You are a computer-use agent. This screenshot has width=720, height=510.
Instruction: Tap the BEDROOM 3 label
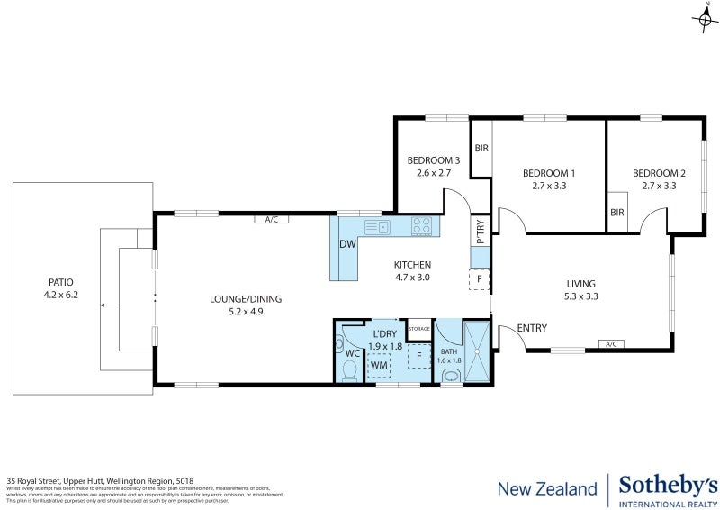pyautogui.click(x=432, y=160)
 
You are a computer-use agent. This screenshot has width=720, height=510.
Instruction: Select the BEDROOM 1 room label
pyautogui.click(x=550, y=173)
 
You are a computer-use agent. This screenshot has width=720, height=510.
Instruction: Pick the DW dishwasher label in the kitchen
pyautogui.click(x=346, y=244)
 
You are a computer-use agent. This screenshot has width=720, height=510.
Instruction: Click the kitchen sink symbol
pyautogui.click(x=381, y=226)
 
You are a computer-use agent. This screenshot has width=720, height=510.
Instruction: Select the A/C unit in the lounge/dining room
pyautogui.click(x=271, y=219)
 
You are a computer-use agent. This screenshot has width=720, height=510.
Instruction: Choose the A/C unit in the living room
pyautogui.click(x=611, y=343)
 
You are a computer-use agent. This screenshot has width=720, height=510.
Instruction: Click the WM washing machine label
pyautogui.click(x=379, y=365)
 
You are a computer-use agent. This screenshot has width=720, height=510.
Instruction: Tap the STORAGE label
pyautogui.click(x=419, y=329)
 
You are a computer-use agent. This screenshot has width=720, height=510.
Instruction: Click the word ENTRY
pyautogui.click(x=533, y=328)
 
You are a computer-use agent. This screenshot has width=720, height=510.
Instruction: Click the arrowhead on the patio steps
pyautogui.click(x=103, y=305)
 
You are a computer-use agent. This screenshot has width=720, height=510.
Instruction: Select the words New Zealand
pyautogui.click(x=547, y=488)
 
